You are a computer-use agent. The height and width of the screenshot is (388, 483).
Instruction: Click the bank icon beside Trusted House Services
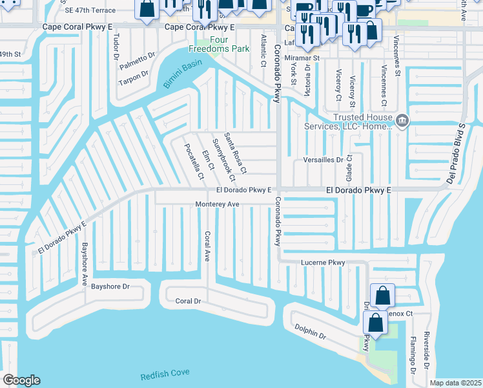click(402, 121)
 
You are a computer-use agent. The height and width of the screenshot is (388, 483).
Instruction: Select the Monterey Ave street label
click(218, 204)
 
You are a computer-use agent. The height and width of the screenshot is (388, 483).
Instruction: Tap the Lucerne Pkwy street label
click(324, 263)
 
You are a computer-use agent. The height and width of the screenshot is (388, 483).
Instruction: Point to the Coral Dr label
click(189, 301)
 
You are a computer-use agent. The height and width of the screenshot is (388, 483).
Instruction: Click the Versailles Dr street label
click(323, 160)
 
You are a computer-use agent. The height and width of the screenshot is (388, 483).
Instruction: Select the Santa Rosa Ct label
click(235, 153)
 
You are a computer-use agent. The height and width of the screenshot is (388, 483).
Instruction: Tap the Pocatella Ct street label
click(196, 161)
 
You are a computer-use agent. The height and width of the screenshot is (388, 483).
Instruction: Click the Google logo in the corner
click(21, 380)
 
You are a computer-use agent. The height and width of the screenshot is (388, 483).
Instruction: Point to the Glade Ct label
click(349, 166)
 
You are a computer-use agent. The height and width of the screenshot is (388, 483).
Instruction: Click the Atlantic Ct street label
click(263, 51)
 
